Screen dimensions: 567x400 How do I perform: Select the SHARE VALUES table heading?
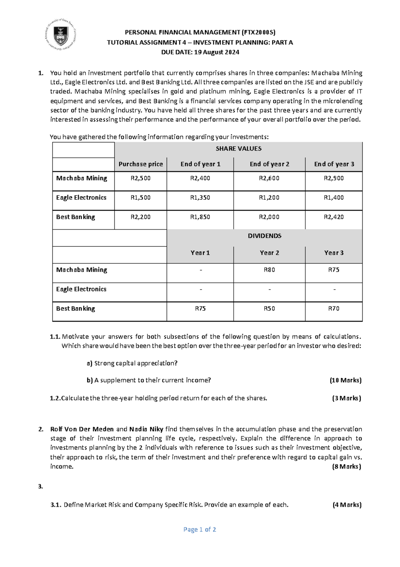238,149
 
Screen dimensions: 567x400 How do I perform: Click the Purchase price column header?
141,164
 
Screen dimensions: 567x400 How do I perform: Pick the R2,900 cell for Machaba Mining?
334,178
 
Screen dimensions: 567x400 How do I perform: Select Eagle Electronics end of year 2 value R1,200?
269,198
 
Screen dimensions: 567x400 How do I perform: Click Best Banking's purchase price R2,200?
140,217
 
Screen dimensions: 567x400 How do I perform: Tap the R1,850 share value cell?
200,217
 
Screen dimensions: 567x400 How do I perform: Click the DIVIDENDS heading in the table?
264,236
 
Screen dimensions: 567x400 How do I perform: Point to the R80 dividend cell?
269,270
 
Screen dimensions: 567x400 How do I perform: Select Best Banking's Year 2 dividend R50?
269,309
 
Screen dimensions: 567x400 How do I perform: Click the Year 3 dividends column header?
334,253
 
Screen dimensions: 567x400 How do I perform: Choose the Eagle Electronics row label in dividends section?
81,289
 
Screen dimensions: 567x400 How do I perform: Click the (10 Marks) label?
345,380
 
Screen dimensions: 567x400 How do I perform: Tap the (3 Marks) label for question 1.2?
346,398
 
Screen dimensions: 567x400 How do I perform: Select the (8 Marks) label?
346,467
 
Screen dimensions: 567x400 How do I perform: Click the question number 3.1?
56,505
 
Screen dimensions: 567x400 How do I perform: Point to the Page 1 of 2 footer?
200,530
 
